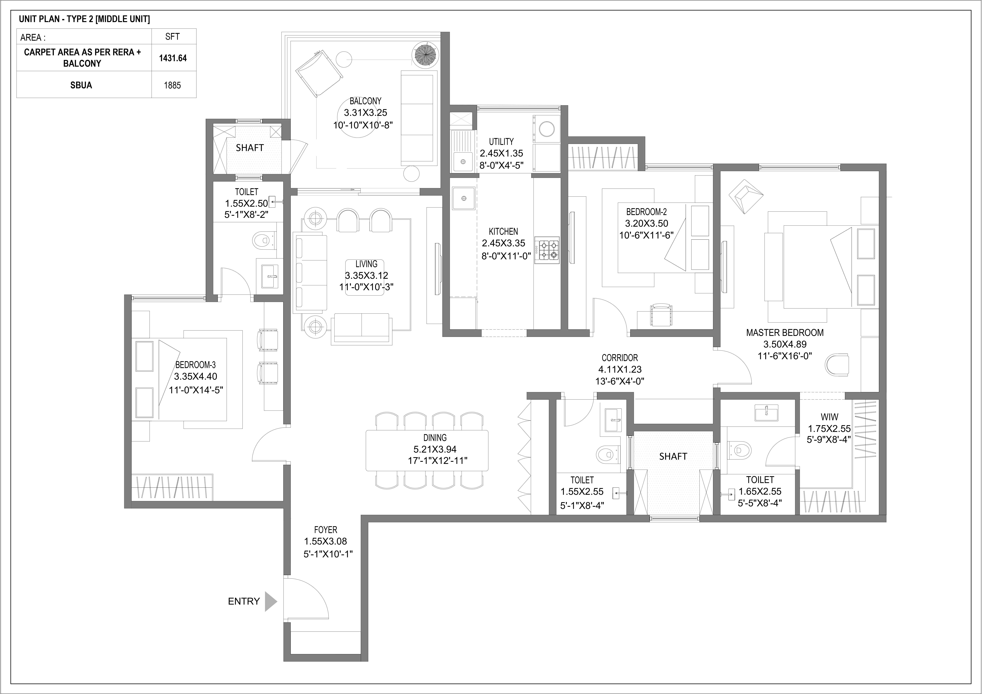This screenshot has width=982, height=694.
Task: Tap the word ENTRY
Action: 244,601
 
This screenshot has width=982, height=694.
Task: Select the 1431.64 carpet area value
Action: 173,58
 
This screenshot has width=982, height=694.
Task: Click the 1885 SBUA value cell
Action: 172,85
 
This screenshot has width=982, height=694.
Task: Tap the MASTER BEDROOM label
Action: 785,333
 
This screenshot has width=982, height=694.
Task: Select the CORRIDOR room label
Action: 620,358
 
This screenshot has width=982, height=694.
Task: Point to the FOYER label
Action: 325,530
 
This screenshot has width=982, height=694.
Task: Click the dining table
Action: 427,450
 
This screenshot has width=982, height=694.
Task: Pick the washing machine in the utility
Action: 546,128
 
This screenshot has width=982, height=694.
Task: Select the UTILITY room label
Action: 501,141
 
